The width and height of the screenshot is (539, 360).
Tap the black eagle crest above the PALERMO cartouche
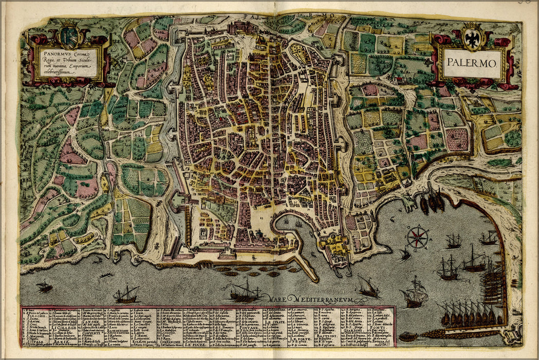pyautogui.click(x=472, y=38)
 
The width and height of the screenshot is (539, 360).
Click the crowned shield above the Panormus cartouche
pyautogui.click(x=68, y=35)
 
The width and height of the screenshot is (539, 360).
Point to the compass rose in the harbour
pyautogui.click(x=418, y=237)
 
